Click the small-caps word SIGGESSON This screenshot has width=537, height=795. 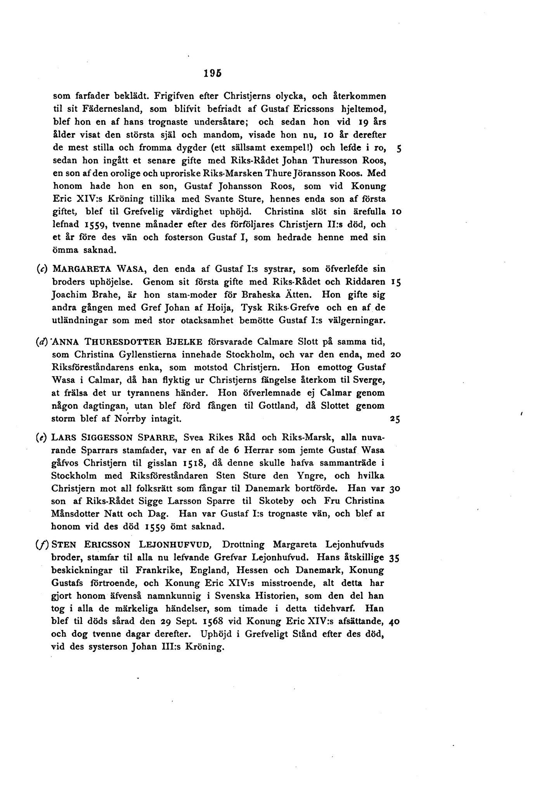pyautogui.click(x=101, y=438)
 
